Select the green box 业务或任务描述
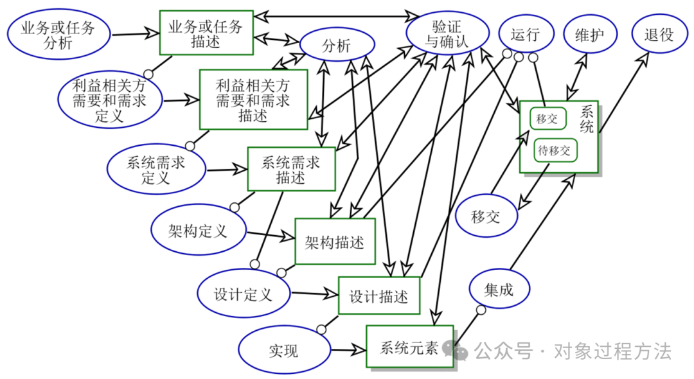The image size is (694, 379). [x=206, y=33]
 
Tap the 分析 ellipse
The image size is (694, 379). [x=335, y=46]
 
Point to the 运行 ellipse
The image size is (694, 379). [x=525, y=35]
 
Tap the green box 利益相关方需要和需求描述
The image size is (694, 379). [x=253, y=100]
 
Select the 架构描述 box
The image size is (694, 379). [x=335, y=242]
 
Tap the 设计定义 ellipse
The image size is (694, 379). [x=244, y=294]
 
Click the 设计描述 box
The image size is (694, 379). [x=378, y=296]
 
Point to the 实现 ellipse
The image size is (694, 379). [x=283, y=351]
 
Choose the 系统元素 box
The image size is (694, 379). [x=409, y=348]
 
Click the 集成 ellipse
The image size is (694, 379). [x=499, y=289]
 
